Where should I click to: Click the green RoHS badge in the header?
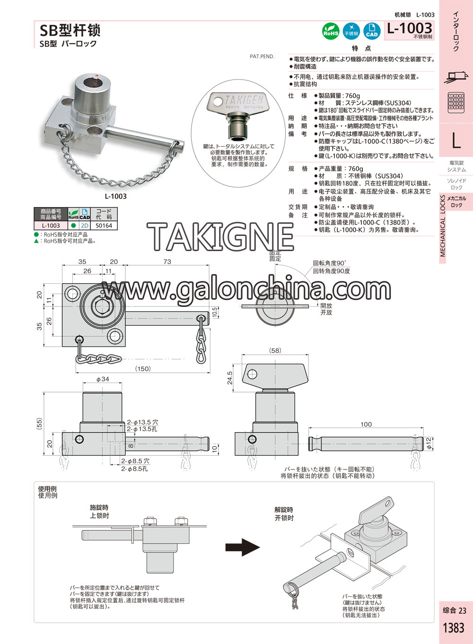point(331,31)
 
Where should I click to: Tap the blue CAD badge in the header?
point(372,31)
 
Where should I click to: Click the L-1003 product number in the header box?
point(410,28)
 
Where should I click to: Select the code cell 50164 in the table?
point(104,226)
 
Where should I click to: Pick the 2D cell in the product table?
point(85,226)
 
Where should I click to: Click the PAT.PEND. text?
point(262,57)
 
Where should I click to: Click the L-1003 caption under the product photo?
point(115,196)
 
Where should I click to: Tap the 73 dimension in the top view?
point(167,261)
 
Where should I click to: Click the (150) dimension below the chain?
point(143,369)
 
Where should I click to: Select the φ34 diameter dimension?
point(103,379)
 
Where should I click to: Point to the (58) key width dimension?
point(275,350)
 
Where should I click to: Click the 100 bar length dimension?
point(366,424)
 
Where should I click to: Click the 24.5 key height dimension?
point(229,377)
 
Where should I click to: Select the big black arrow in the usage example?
point(242,548)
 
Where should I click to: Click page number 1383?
point(454,628)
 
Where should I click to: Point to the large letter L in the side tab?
point(456,140)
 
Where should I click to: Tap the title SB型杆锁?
point(70,30)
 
